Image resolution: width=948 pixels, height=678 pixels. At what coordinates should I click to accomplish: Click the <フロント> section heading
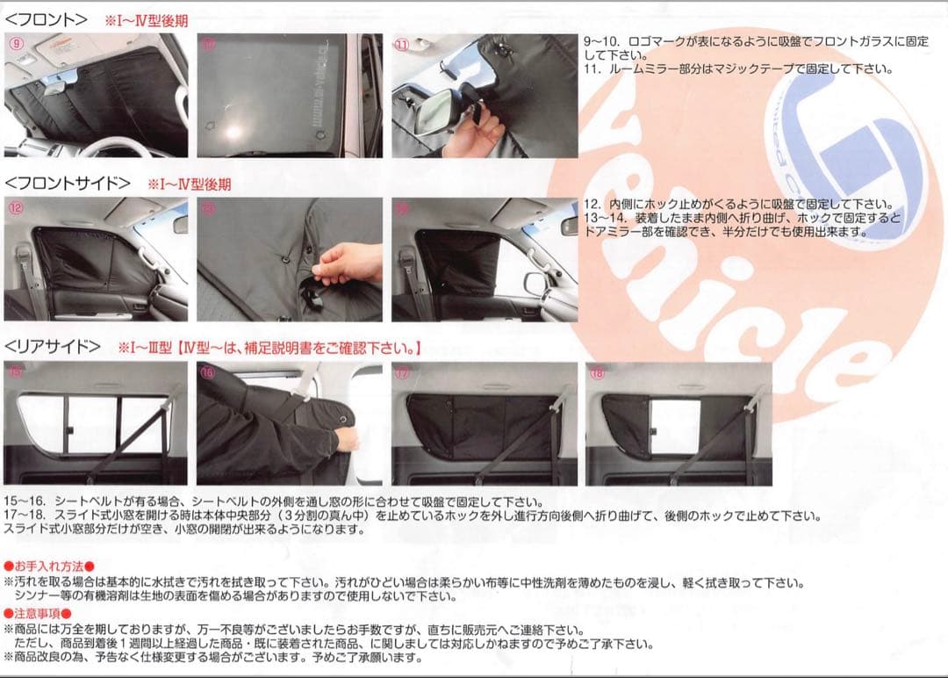tap(47, 18)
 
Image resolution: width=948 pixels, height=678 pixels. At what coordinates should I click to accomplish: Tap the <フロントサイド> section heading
tap(68, 184)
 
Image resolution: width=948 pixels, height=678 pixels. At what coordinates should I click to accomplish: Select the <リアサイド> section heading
tap(53, 347)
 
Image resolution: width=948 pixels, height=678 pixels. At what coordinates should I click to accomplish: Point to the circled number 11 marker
tap(401, 44)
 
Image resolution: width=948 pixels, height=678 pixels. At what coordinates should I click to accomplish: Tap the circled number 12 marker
tap(15, 208)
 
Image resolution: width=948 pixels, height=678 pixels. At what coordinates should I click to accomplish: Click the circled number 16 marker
tap(207, 372)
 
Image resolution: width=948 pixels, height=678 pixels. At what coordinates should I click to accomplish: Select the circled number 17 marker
tap(402, 372)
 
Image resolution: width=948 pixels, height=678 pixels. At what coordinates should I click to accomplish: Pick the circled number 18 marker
tap(597, 372)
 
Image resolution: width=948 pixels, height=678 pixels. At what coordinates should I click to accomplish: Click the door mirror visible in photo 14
tap(535, 283)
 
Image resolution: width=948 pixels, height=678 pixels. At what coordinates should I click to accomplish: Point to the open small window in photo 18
tap(673, 427)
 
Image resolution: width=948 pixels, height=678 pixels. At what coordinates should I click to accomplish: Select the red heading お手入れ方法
tap(48, 566)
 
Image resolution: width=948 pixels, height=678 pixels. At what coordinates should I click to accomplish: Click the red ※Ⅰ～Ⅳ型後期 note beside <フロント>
tap(146, 19)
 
